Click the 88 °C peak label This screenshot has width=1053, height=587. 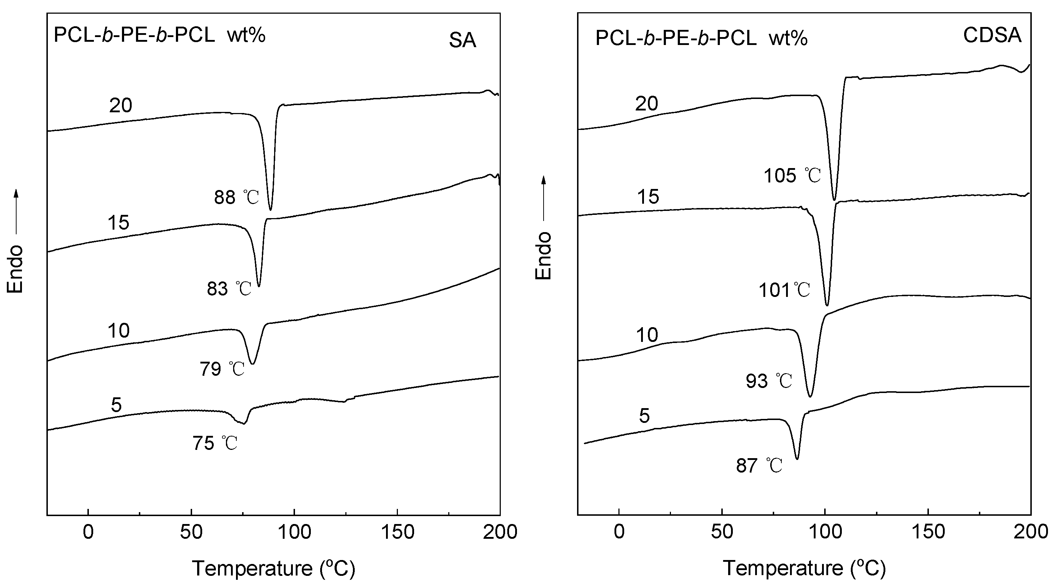click(236, 198)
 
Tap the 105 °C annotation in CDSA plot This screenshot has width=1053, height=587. click(792, 176)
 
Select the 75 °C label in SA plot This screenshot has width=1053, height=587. click(215, 443)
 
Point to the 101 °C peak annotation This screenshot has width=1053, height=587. click(784, 290)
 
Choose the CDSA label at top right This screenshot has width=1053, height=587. click(992, 35)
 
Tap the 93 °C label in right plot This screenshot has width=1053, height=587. click(768, 381)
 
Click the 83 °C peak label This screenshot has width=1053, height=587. click(229, 289)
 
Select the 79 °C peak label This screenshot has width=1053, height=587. click(222, 369)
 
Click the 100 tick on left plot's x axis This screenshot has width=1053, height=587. click(294, 532)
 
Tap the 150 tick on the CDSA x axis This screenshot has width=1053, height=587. click(928, 532)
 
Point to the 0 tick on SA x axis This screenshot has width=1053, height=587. click(88, 532)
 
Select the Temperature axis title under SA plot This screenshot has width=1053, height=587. click(273, 568)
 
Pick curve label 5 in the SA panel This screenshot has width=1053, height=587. click(116, 405)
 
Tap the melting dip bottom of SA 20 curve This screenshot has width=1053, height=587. click(270, 209)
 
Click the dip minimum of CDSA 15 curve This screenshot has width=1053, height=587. click(827, 305)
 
